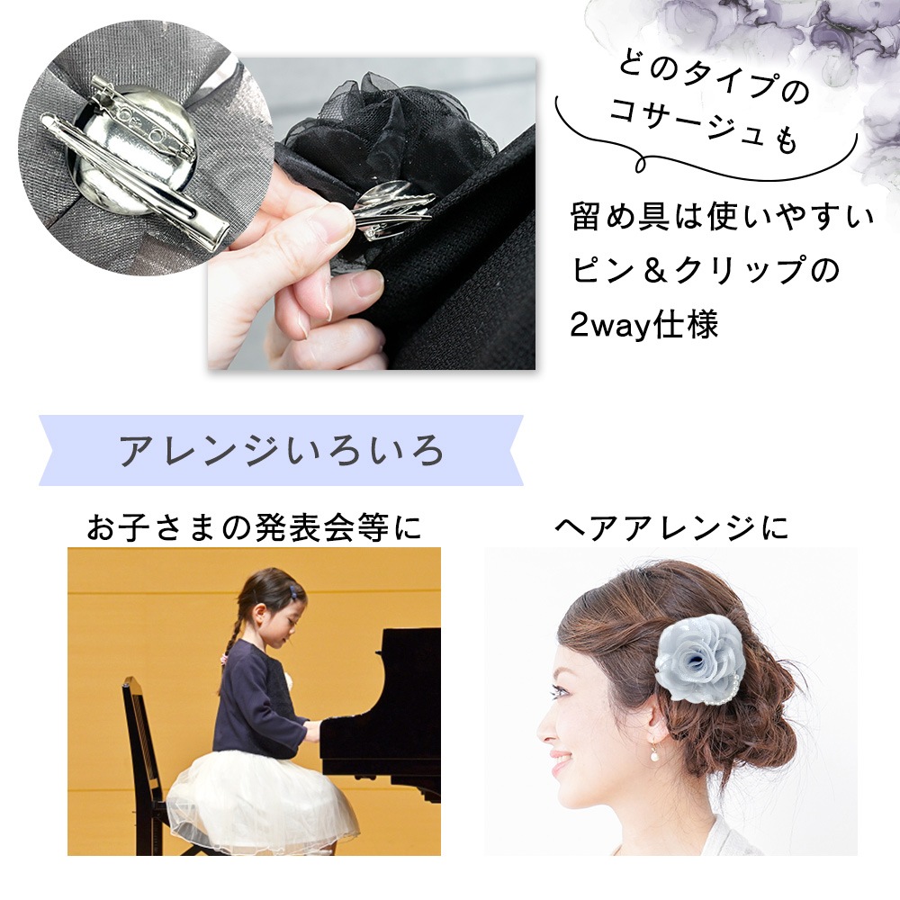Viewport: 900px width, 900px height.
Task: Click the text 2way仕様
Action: coord(643,326)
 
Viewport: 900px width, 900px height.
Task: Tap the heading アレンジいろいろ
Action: coord(281,451)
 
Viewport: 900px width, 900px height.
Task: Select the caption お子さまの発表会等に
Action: coord(255,527)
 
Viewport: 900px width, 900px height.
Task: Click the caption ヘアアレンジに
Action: coord(671,527)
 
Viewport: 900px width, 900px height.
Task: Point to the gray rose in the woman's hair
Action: coord(702,657)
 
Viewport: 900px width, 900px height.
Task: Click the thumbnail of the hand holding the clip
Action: coord(372,213)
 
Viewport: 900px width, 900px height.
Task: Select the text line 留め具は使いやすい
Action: coord(722,217)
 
